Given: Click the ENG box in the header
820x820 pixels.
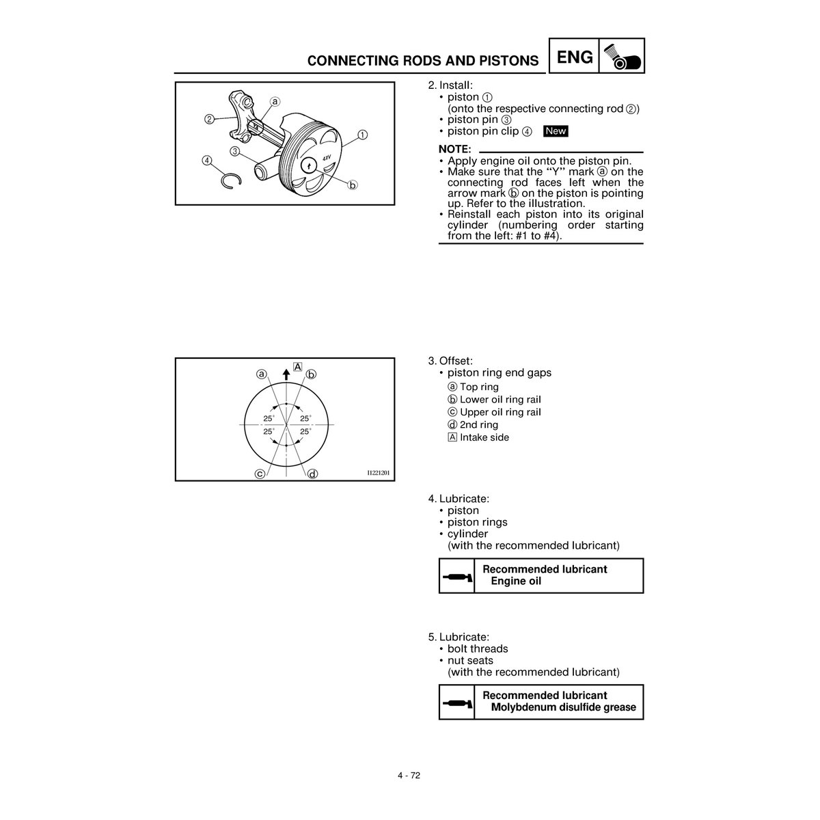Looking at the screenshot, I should coord(575,57).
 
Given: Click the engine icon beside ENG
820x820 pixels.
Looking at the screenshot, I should coord(622,56).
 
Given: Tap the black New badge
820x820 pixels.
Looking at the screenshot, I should coord(556,131).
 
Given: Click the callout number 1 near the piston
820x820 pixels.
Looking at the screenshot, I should coord(362,135).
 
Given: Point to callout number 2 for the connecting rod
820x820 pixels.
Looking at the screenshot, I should coord(209,119).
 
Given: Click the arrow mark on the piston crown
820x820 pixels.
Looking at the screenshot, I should coord(309,165).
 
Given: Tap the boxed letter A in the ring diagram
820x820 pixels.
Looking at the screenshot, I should coord(298,366).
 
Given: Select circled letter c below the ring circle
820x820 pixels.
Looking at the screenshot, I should coord(260,474).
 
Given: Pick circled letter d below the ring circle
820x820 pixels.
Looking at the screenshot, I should coord(312,474).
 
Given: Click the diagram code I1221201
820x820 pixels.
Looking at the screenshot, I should coord(379,473).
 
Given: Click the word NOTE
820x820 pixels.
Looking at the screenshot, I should coord(454,149).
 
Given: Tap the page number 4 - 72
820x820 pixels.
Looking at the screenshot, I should coord(409,775).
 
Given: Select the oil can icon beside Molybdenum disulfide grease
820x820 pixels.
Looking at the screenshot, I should coord(456,702).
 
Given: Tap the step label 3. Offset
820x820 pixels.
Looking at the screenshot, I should coord(450,361).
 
